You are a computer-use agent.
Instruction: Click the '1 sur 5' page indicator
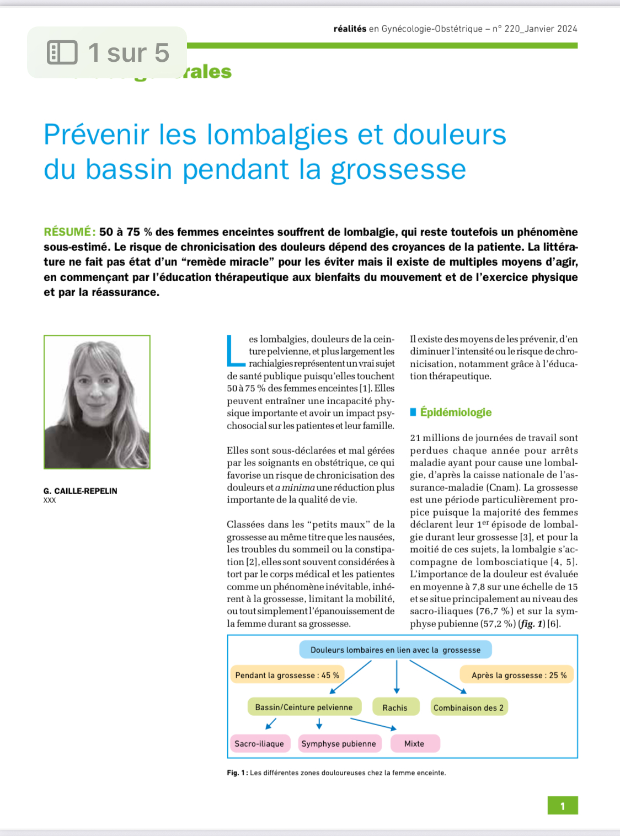[x=129, y=53]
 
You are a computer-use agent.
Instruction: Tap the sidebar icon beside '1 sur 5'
[x=62, y=52]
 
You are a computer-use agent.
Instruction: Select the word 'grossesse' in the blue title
[x=398, y=169]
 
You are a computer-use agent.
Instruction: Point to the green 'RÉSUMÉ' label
[x=70, y=232]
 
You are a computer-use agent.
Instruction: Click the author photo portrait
[x=97, y=402]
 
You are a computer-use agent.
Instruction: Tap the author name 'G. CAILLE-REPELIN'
[x=81, y=491]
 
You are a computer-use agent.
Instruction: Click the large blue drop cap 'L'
[x=236, y=350]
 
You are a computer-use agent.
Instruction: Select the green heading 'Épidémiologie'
[x=456, y=412]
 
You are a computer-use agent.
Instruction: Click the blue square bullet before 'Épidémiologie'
[x=413, y=412]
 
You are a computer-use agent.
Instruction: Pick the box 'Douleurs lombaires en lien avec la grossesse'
[x=395, y=650]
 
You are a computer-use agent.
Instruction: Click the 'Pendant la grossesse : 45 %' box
[x=287, y=675]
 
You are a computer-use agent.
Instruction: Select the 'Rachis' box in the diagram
[x=395, y=708]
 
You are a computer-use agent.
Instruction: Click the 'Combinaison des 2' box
[x=468, y=708]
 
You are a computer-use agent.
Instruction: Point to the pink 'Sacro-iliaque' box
[x=259, y=743]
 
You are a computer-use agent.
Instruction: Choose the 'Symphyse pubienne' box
[x=339, y=743]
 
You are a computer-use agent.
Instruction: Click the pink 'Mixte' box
[x=414, y=743]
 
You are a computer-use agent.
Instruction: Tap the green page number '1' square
[x=563, y=806]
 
